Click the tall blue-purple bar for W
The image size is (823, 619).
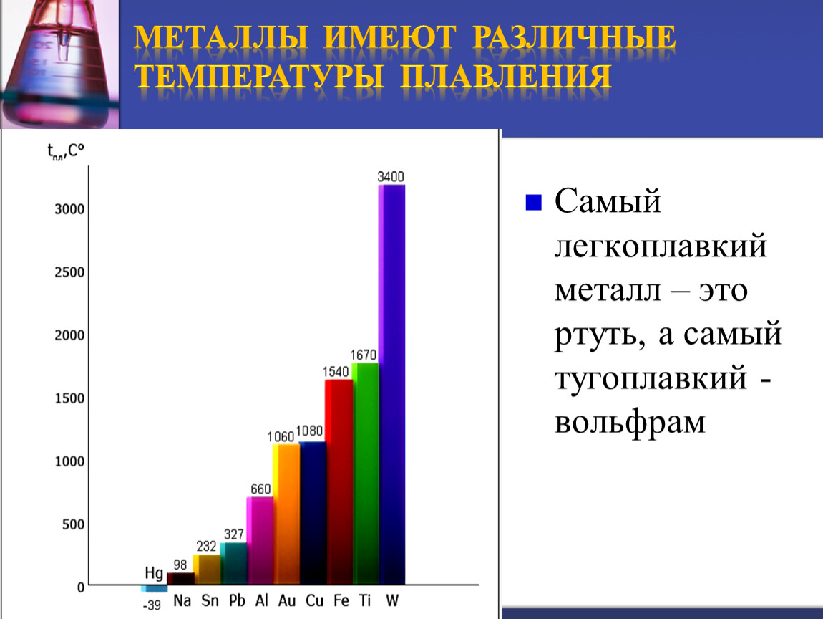[391, 385]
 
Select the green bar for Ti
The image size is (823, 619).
[365, 474]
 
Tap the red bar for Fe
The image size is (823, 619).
[339, 482]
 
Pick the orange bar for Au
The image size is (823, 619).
[286, 514]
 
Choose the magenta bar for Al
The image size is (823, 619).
[260, 541]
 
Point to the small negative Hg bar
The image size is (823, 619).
[154, 588]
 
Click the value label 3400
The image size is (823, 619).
[391, 176]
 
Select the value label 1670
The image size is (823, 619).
[364, 355]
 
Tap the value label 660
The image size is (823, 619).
[260, 489]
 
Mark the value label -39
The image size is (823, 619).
[152, 605]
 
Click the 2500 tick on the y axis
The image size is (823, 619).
[69, 272]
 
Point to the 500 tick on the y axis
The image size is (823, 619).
[74, 524]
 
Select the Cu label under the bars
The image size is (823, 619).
[314, 600]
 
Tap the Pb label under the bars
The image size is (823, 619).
[237, 600]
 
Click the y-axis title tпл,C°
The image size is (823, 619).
[66, 151]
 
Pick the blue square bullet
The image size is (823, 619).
[533, 202]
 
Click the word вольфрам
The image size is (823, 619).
[630, 423]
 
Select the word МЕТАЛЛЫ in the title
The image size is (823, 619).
[221, 37]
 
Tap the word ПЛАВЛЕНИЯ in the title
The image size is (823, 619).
[505, 76]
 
